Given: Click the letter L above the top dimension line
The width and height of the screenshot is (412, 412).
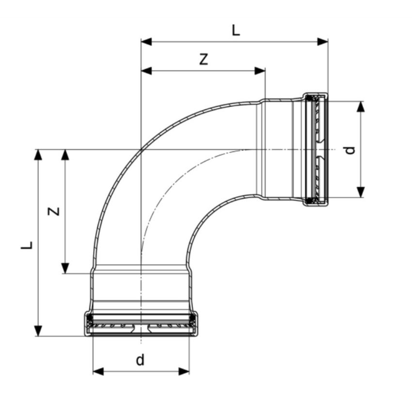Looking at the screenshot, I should point(235,31).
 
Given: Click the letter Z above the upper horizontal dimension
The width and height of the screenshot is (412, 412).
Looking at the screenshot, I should point(204,59).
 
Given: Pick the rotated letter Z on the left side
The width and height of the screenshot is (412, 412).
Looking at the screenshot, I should point(55,211).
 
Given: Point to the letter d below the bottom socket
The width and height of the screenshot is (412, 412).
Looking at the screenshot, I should point(140,360).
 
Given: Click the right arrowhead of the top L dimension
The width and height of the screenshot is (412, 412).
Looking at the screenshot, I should point(323,42).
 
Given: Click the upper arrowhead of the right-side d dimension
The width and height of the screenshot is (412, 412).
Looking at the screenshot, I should point(361,107).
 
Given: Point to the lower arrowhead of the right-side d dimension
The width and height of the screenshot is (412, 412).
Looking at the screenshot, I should point(361,192).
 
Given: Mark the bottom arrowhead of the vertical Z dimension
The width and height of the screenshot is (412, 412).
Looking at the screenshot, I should point(65,268).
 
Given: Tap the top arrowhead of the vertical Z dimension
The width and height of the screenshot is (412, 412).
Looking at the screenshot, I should point(65,155).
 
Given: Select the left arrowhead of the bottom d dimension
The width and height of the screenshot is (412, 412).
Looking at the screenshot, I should point(98,371).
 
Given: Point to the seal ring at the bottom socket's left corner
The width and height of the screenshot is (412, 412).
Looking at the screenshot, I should point(90,319).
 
